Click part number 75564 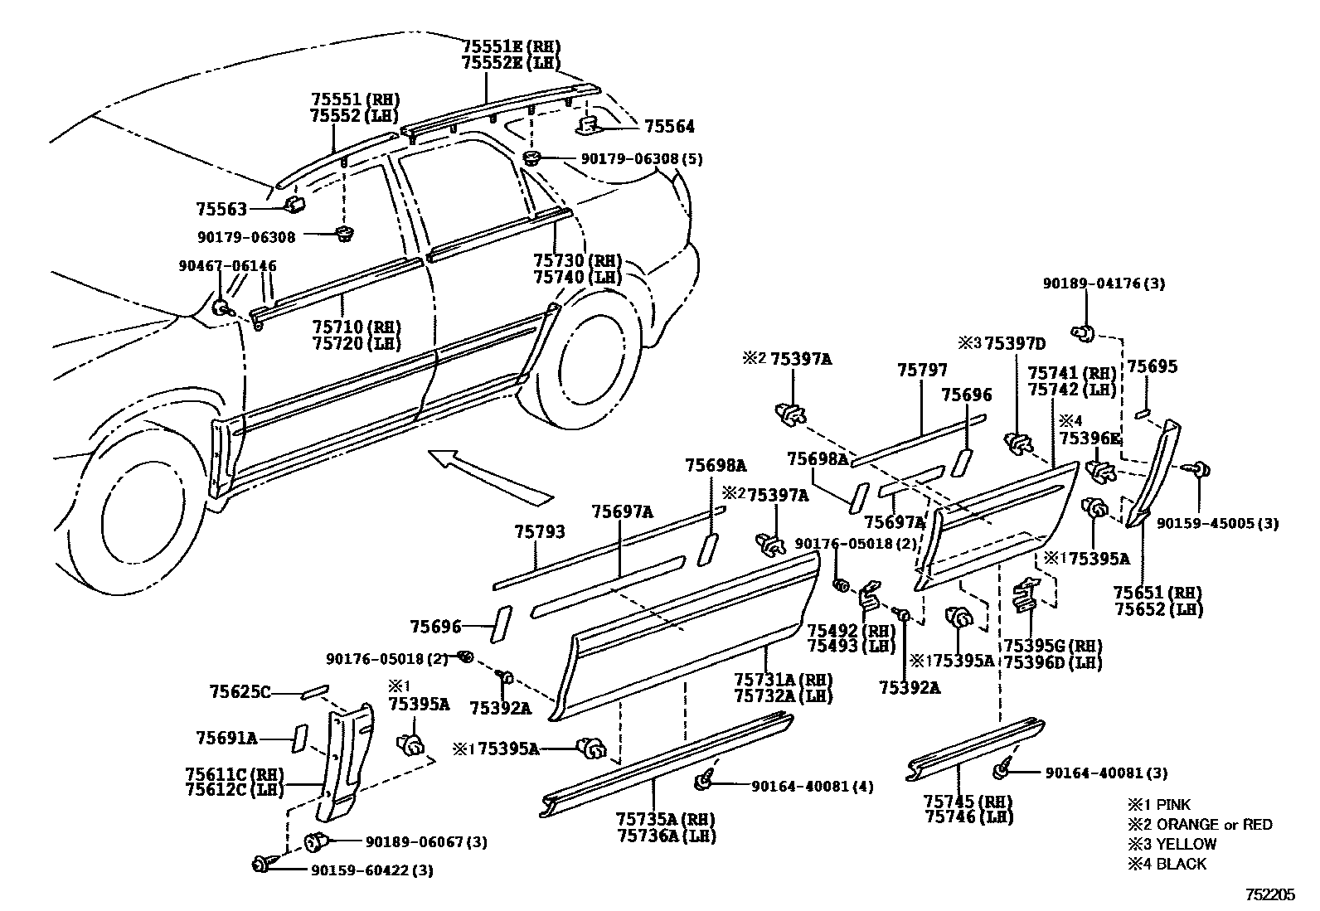[669, 126]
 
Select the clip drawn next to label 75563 [294, 204]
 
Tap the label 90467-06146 [227, 265]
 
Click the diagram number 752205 [1269, 895]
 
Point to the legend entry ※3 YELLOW [1172, 844]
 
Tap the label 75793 [539, 531]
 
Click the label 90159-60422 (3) [372, 870]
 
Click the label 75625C [240, 691]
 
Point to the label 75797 [921, 371]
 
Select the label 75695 [1152, 366]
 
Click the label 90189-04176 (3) [1103, 283]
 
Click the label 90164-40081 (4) [812, 786]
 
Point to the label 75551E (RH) [511, 46]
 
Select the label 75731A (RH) [782, 679]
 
